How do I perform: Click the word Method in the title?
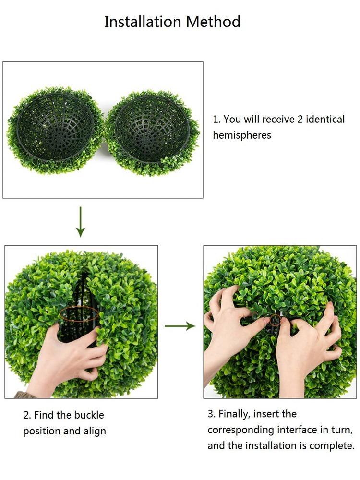[x=214, y=22]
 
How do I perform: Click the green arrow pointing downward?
[x=81, y=222]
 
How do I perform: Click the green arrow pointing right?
[x=180, y=326]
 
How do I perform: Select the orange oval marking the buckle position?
[x=79, y=314]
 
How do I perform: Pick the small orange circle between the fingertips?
[x=275, y=320]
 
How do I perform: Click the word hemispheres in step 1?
[x=242, y=135]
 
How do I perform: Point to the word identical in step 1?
[x=325, y=119]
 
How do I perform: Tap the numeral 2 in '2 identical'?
[x=300, y=120]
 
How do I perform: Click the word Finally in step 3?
[x=235, y=414]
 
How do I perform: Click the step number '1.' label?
[x=216, y=120]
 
